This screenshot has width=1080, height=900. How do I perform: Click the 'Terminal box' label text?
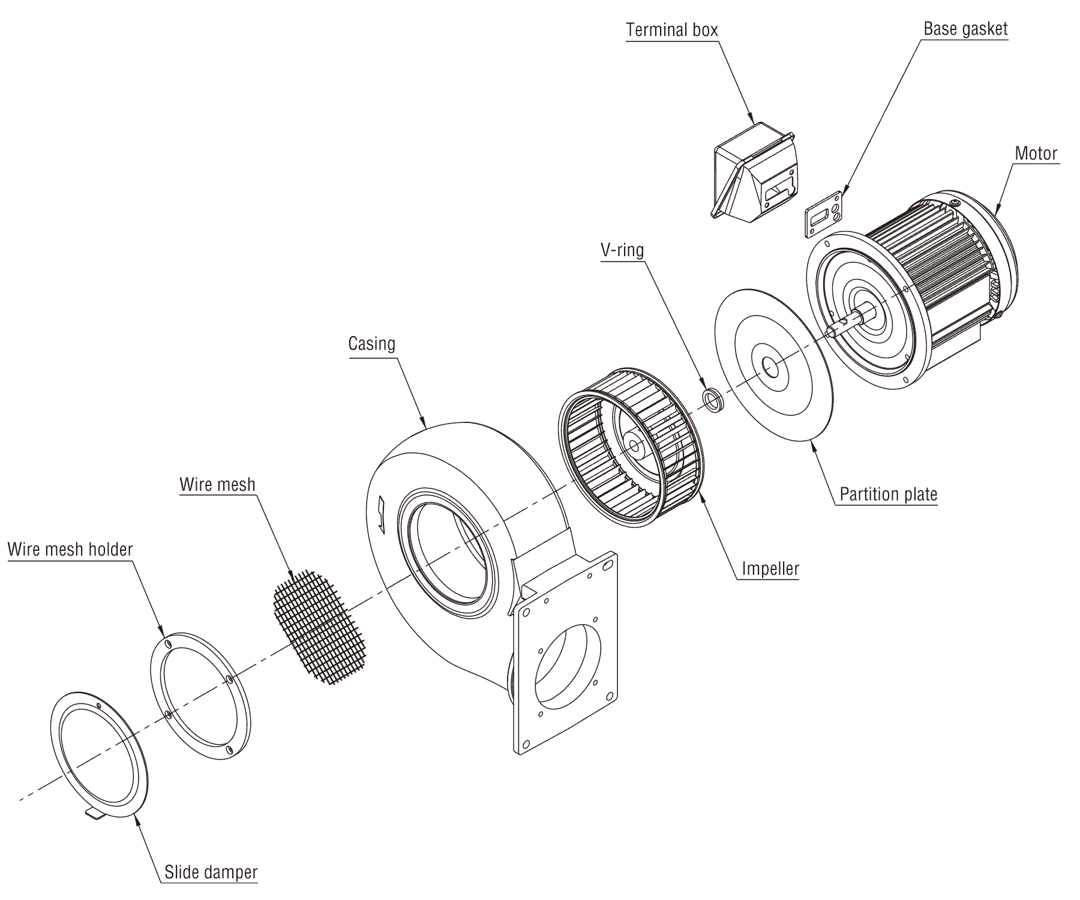click(671, 30)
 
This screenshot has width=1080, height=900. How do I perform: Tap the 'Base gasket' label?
click(965, 29)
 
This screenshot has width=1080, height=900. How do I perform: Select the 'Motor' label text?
click(1036, 154)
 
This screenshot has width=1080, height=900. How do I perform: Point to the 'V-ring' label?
click(622, 250)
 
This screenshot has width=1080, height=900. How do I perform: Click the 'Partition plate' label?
click(888, 494)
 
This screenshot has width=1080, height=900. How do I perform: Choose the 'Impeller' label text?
click(770, 568)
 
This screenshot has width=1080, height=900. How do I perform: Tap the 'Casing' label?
click(372, 344)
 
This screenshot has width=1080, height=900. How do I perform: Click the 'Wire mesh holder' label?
click(70, 548)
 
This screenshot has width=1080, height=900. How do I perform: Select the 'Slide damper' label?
click(211, 872)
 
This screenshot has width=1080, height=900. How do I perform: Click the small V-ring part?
click(713, 399)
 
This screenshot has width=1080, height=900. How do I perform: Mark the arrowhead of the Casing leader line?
click(424, 425)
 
